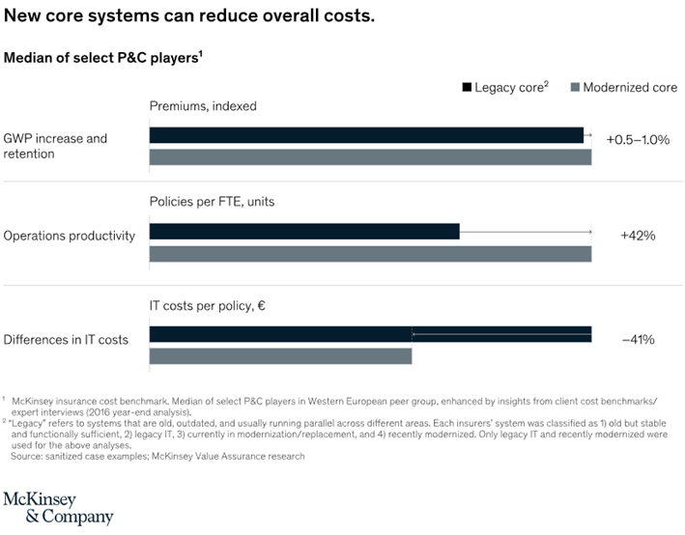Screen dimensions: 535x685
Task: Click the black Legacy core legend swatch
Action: [467, 87]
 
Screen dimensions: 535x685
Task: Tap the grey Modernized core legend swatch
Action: [576, 87]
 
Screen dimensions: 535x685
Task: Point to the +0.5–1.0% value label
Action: [638, 139]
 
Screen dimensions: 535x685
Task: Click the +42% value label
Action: [638, 235]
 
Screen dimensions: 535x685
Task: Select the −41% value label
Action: [638, 339]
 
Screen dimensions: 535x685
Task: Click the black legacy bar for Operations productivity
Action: [303, 232]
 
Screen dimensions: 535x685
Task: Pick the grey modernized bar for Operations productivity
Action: [369, 254]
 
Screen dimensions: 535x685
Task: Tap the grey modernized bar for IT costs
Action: [280, 356]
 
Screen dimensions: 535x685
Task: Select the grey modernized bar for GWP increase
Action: [369, 157]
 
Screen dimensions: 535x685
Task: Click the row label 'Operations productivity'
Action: [70, 235]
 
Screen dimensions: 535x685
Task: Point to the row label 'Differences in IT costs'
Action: [66, 339]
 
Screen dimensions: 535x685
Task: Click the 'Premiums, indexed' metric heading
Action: [203, 106]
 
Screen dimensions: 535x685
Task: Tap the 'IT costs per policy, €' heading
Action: [208, 306]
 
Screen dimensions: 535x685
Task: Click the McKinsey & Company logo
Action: [58, 507]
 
